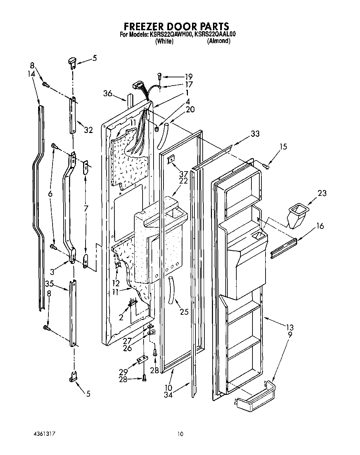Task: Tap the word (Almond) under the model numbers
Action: [218, 41]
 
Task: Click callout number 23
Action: [322, 193]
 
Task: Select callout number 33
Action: [255, 134]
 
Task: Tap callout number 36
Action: [108, 93]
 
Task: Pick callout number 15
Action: [283, 146]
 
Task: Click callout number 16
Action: [320, 226]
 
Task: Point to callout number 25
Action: [184, 312]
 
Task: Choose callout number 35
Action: [49, 284]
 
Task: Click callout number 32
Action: [88, 130]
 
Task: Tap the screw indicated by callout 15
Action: [266, 166]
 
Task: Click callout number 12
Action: [116, 284]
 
